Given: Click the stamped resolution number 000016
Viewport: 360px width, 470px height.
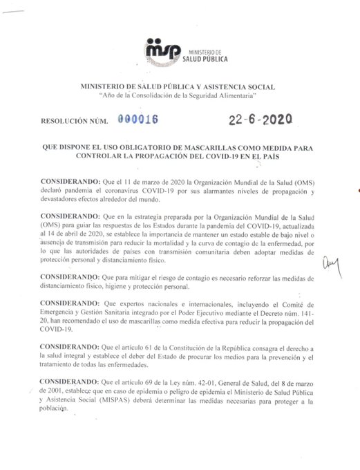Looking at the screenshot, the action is coord(138,119).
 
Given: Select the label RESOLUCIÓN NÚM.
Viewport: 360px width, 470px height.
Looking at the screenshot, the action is coord(75,121).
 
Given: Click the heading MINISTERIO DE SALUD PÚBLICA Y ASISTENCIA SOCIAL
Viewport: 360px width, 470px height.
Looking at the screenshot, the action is coord(178,86).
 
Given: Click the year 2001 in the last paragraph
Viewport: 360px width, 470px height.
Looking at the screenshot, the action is coord(53,393).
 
